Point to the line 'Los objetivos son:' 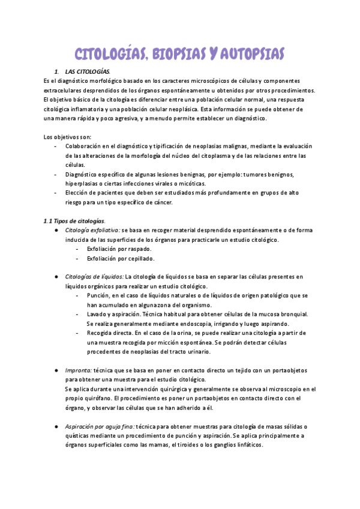[68, 137]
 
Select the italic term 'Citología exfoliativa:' [92, 230]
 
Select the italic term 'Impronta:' [79, 370]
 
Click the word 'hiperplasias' [83, 183]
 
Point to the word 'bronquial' [293, 314]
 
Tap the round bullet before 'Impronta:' [55, 370]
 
